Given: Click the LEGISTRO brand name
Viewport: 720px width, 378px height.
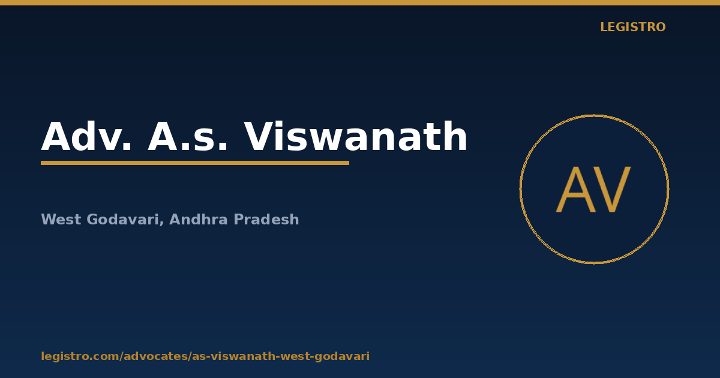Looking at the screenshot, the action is (633, 27).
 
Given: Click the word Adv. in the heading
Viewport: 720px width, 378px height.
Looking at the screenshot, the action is (86, 137).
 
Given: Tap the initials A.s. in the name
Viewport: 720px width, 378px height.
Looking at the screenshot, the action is (187, 137).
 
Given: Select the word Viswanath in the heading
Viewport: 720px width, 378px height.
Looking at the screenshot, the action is (355, 136).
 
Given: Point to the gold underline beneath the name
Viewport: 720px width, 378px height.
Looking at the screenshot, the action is (195, 163).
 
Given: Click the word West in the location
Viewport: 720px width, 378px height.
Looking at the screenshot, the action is (61, 220).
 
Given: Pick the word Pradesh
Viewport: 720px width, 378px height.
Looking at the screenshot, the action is (266, 219).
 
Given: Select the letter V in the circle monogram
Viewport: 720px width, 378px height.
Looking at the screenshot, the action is (612, 190).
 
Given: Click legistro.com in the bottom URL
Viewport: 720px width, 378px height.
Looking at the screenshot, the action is (80, 356).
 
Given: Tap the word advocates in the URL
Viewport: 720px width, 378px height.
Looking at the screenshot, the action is (156, 356).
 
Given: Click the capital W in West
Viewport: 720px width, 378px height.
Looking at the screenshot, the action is (49, 220).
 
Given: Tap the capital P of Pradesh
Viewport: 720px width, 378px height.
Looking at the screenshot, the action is (238, 220).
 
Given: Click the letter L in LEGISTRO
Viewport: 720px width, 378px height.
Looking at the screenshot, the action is (604, 27).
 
